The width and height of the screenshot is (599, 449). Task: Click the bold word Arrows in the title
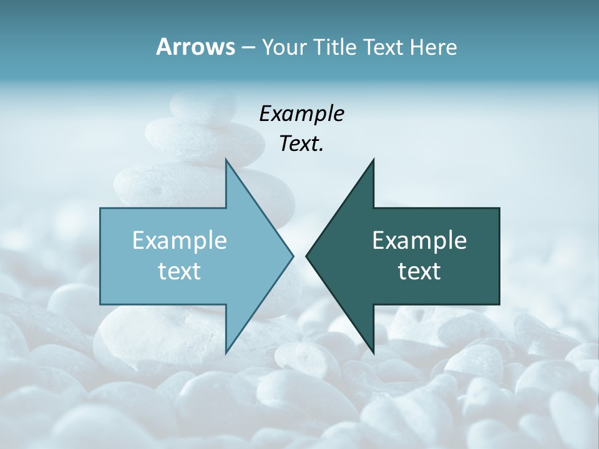click(x=195, y=47)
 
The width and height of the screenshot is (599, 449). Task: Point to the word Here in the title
click(x=433, y=47)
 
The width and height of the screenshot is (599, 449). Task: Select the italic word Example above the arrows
click(x=301, y=113)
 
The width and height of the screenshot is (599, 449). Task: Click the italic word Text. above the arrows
click(x=301, y=143)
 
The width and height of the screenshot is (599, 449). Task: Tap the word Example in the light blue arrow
click(x=180, y=240)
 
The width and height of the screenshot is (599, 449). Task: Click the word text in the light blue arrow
click(x=180, y=271)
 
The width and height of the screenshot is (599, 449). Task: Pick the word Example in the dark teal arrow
click(x=419, y=240)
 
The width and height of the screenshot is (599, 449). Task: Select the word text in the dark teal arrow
click(x=419, y=271)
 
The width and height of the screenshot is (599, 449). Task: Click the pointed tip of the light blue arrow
click(x=292, y=256)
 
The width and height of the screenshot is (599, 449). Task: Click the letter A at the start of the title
click(x=163, y=47)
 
